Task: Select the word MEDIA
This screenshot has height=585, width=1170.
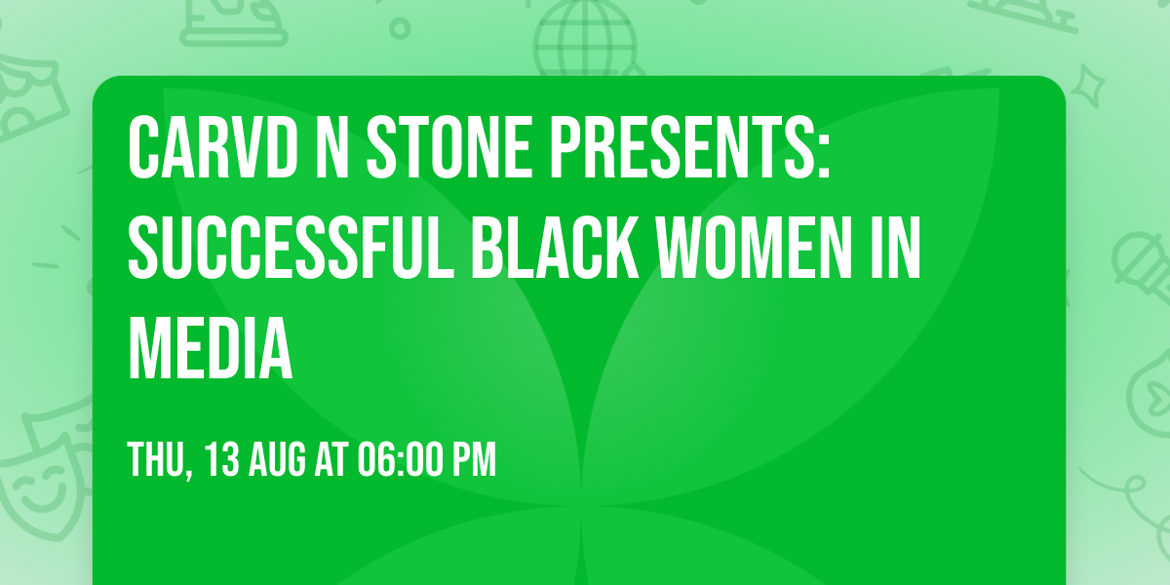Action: (211, 349)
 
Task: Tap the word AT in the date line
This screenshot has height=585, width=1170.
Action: (332, 459)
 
